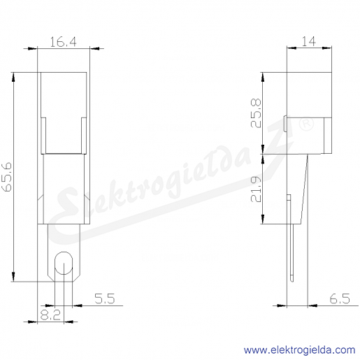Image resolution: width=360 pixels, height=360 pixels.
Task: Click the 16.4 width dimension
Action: click(63, 42)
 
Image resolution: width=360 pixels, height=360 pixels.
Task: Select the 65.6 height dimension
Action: click(7, 177)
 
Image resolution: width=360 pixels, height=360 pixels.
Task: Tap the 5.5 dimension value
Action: click(105, 298)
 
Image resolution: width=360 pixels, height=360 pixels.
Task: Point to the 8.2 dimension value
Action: click(50, 315)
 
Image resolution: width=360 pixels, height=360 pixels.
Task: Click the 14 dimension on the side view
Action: click(309, 41)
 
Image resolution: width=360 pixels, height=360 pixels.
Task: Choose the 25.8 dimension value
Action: click(256, 113)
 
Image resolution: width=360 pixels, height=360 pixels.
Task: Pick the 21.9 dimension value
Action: click(256, 189)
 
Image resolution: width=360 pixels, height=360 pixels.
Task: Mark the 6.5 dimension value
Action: click(340, 298)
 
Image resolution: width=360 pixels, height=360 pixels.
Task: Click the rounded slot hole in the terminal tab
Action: click(64, 263)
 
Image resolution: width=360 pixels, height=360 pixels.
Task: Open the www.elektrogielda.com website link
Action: click(299, 350)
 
